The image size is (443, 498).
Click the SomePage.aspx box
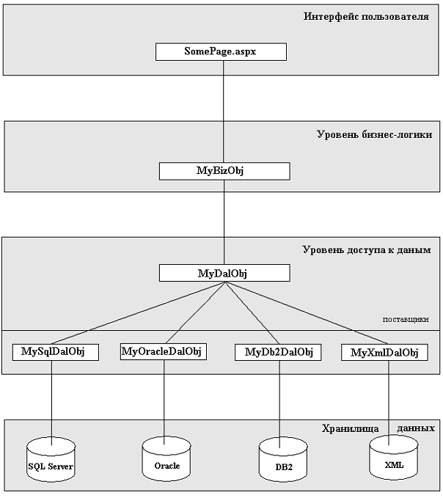[221, 52]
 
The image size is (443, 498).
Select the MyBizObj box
[224, 171]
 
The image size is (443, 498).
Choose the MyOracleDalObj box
[161, 352]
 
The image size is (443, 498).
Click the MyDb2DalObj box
[278, 353]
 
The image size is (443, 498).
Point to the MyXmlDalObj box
[384, 353]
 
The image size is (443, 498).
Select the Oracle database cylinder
[166, 461]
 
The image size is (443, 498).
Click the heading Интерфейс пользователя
[365, 15]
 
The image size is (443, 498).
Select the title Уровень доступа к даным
[366, 250]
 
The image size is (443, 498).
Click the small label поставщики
[405, 320]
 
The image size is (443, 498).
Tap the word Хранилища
[351, 428]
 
